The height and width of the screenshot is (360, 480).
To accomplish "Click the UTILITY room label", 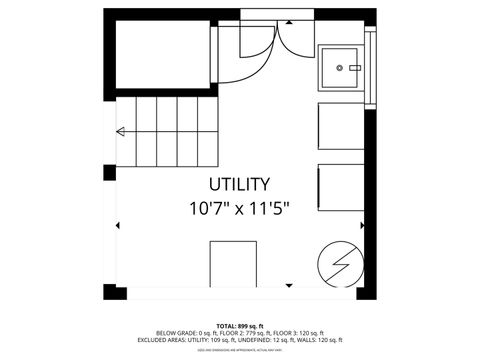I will point(239,184).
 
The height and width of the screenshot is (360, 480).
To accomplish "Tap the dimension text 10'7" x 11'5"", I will point(239,209).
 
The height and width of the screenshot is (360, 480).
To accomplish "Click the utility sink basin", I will point(342,68).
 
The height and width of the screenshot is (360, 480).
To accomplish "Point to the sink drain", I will point(340,68).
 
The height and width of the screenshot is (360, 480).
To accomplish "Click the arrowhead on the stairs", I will point(121,131).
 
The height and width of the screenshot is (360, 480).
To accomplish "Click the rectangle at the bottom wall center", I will point(233,265).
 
